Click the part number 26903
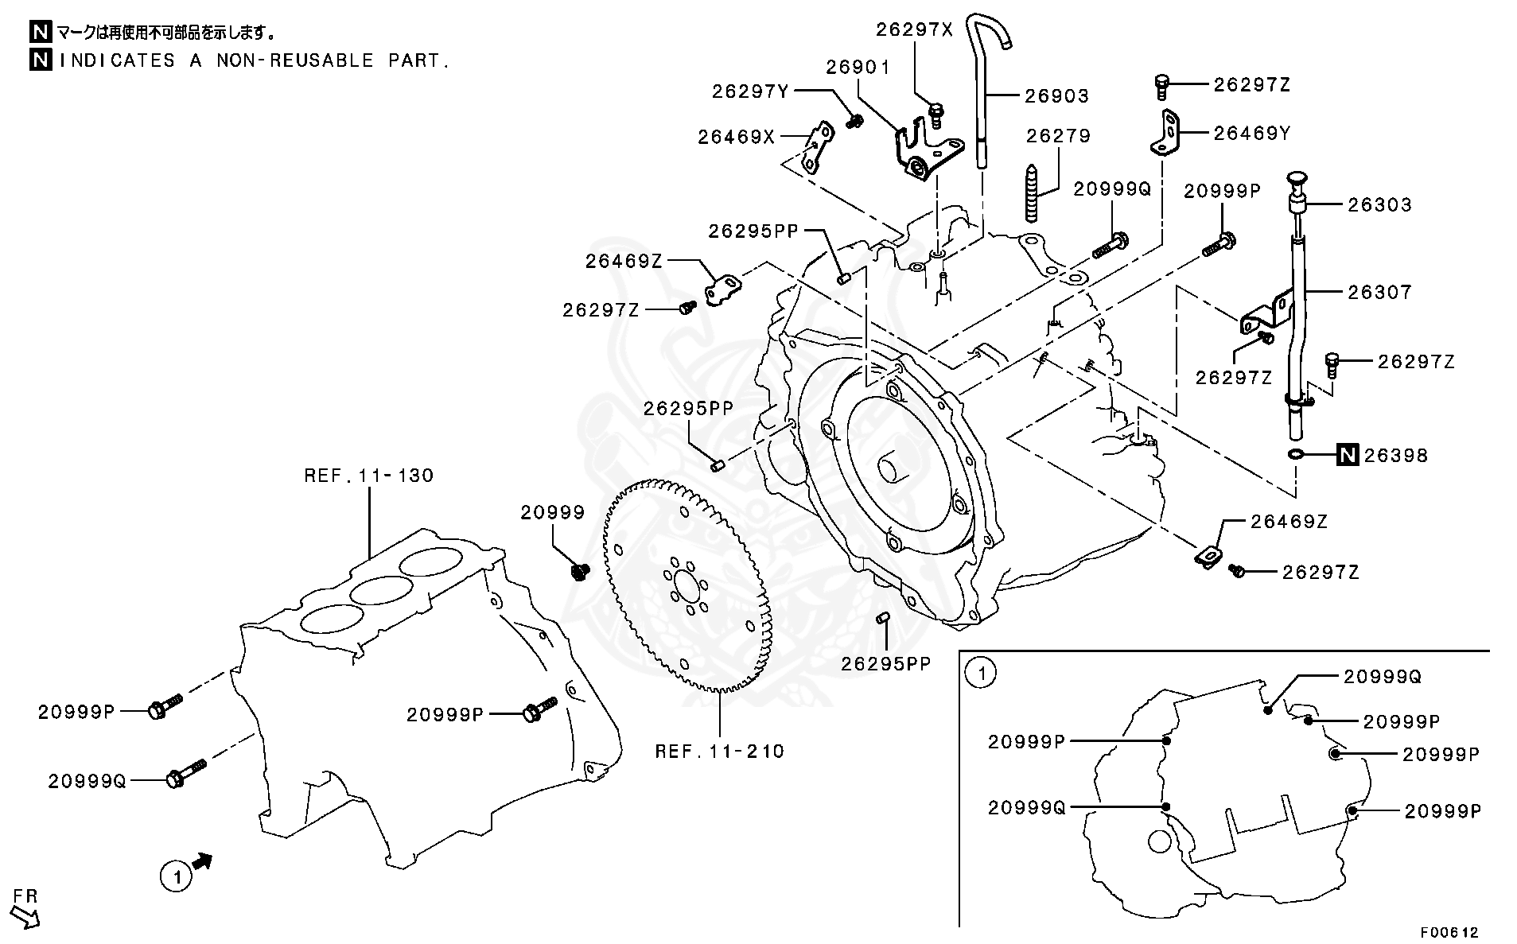click(x=1056, y=96)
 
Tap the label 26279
click(x=1058, y=136)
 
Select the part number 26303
click(x=1379, y=205)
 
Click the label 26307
click(x=1379, y=293)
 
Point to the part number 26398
click(x=1396, y=456)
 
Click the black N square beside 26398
click(x=1347, y=455)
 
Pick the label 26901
click(x=858, y=67)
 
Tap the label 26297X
click(x=914, y=29)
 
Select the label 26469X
click(x=736, y=137)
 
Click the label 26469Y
click(x=1251, y=133)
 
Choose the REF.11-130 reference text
click(x=369, y=476)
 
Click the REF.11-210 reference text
click(x=719, y=751)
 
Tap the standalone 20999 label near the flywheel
click(x=553, y=513)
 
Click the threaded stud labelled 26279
click(x=1033, y=195)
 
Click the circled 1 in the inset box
click(x=981, y=674)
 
